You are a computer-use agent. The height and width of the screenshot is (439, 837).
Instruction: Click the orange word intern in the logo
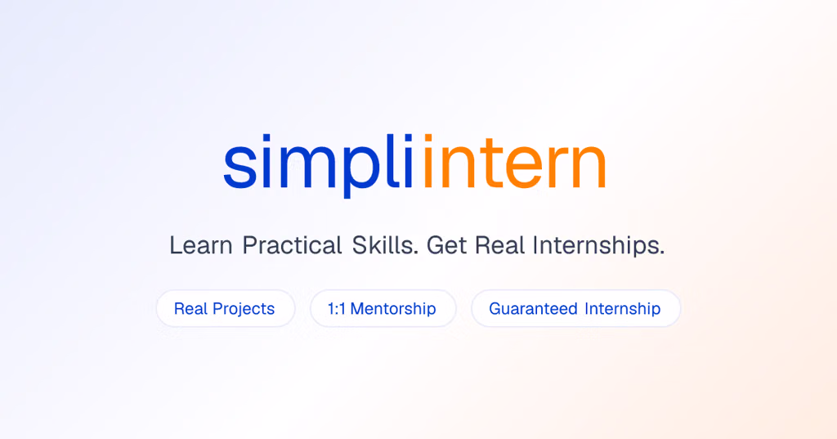tap(513, 162)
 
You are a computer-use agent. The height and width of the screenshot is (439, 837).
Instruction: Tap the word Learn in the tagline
tap(201, 246)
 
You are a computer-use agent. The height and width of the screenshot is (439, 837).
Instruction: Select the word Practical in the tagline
tap(292, 246)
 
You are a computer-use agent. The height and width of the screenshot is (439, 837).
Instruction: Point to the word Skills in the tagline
tap(385, 245)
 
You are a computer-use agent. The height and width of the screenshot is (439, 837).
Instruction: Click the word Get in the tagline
tap(446, 246)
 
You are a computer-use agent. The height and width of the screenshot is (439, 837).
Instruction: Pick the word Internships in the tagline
tap(598, 245)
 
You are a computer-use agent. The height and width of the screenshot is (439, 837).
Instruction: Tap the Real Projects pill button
tap(226, 309)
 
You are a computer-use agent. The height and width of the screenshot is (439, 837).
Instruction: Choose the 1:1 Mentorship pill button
tap(383, 309)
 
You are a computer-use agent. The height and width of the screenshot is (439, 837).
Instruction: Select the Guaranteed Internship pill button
tap(575, 309)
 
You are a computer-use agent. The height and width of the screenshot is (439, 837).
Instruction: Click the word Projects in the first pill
tap(244, 309)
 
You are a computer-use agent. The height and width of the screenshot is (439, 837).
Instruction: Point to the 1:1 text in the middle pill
tap(336, 309)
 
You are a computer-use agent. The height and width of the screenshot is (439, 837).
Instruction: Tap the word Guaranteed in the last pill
tap(533, 309)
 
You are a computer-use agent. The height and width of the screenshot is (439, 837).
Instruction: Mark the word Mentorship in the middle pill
tap(393, 309)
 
